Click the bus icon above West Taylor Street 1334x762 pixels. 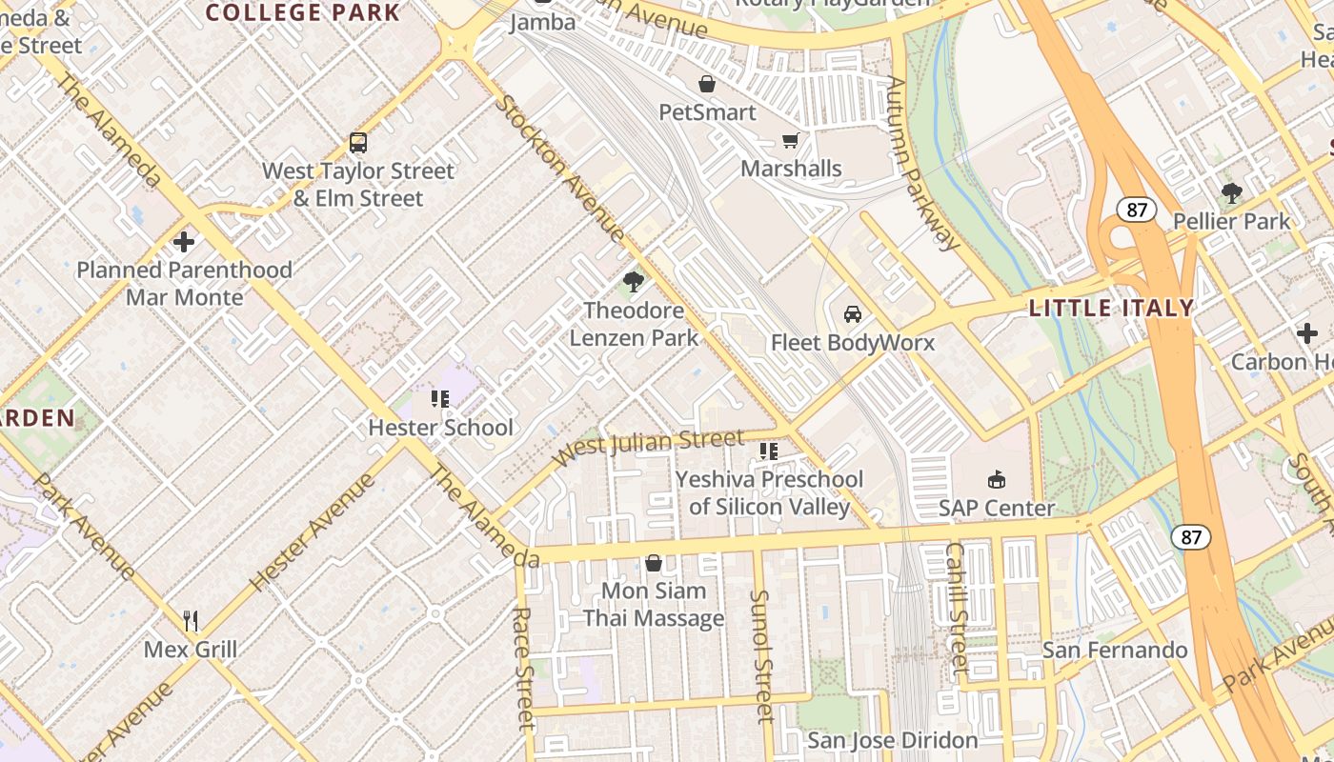coord(358,143)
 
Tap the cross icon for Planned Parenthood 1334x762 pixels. coord(184,242)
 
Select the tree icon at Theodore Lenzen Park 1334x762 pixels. coord(633,282)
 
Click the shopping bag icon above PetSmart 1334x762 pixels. coord(707,84)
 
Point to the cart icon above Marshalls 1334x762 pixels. coord(790,141)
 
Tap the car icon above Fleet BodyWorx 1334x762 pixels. coord(853,314)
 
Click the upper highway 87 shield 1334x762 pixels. coord(1136,210)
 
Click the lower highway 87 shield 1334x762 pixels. coord(1190,537)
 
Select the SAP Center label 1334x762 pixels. coord(997,509)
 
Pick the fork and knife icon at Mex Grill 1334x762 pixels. coord(191,622)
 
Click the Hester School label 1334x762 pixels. coord(440,428)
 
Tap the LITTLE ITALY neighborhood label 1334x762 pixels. coord(1111,308)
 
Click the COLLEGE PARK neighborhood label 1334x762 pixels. coord(303,12)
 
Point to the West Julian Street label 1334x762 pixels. coord(648,446)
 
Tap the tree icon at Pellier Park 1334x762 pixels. coord(1231,193)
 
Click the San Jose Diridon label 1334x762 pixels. coord(892,740)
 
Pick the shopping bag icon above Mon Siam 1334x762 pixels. coord(654,563)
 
